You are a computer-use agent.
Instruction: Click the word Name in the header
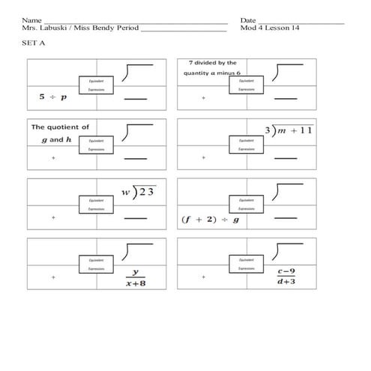click(x=31, y=20)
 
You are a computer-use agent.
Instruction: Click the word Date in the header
click(x=248, y=20)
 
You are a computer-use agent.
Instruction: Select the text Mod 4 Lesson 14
click(x=270, y=28)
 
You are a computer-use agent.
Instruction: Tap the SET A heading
click(x=34, y=43)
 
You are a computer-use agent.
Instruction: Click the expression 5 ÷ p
click(x=52, y=97)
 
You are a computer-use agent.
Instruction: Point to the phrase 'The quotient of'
click(x=60, y=127)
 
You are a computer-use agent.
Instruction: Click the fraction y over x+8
click(x=136, y=277)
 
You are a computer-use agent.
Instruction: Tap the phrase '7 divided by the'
click(x=213, y=64)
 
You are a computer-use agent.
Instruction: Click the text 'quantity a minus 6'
click(x=212, y=73)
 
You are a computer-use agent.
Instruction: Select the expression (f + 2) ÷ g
click(x=211, y=220)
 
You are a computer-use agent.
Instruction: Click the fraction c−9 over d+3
click(x=286, y=277)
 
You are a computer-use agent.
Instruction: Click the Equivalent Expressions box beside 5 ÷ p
click(x=96, y=84)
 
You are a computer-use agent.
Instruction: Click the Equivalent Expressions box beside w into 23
click(x=96, y=205)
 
